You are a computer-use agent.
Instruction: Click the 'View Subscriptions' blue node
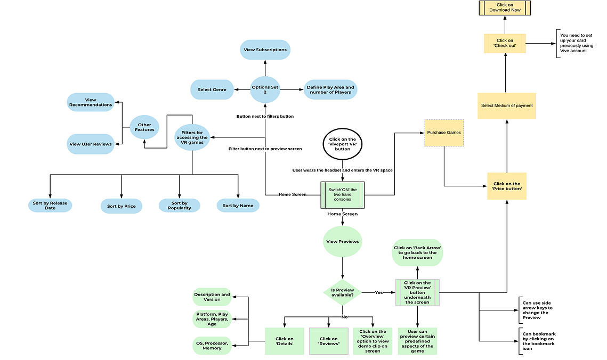(x=265, y=50)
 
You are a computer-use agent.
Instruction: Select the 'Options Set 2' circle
(x=265, y=89)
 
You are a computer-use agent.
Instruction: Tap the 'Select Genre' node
(x=212, y=89)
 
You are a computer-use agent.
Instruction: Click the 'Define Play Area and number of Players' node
(x=330, y=89)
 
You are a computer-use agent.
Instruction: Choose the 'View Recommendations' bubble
(x=91, y=102)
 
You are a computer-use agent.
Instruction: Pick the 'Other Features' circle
(x=144, y=127)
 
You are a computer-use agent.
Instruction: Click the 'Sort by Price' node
(x=122, y=206)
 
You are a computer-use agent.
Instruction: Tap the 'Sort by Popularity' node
(x=179, y=206)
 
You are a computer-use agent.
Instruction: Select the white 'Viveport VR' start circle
(x=343, y=144)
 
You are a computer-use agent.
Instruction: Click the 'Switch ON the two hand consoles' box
(x=343, y=195)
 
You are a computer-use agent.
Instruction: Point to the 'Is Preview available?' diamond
(x=343, y=293)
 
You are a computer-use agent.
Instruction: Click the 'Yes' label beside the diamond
(x=378, y=293)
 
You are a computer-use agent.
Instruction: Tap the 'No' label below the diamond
(x=344, y=317)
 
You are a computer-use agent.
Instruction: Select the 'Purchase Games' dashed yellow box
(x=444, y=133)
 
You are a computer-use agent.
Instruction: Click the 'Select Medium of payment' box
(x=507, y=106)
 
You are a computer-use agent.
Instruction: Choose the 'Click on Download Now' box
(x=505, y=8)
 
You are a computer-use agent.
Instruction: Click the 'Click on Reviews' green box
(x=329, y=341)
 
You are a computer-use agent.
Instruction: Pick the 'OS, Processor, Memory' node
(x=212, y=346)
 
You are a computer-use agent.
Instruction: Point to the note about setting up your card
(x=577, y=43)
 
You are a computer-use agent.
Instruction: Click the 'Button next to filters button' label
(x=265, y=117)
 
